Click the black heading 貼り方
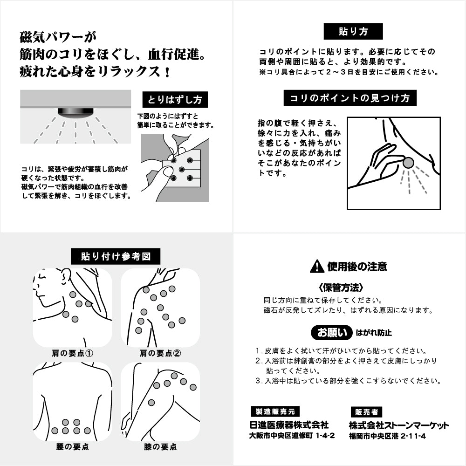[353, 32]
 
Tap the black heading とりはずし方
[175, 100]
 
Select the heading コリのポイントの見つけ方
[349, 98]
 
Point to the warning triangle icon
[317, 267]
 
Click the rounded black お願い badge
[332, 333]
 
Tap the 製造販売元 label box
[275, 411]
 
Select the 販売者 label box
[366, 412]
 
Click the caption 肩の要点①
[72, 353]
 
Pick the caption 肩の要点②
[160, 353]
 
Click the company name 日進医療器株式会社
[289, 425]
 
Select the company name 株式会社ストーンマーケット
[399, 425]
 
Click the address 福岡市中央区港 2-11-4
[387, 437]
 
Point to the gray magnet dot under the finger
[408, 163]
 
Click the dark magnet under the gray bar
[75, 112]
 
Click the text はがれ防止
[373, 333]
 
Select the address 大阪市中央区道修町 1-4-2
[292, 437]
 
